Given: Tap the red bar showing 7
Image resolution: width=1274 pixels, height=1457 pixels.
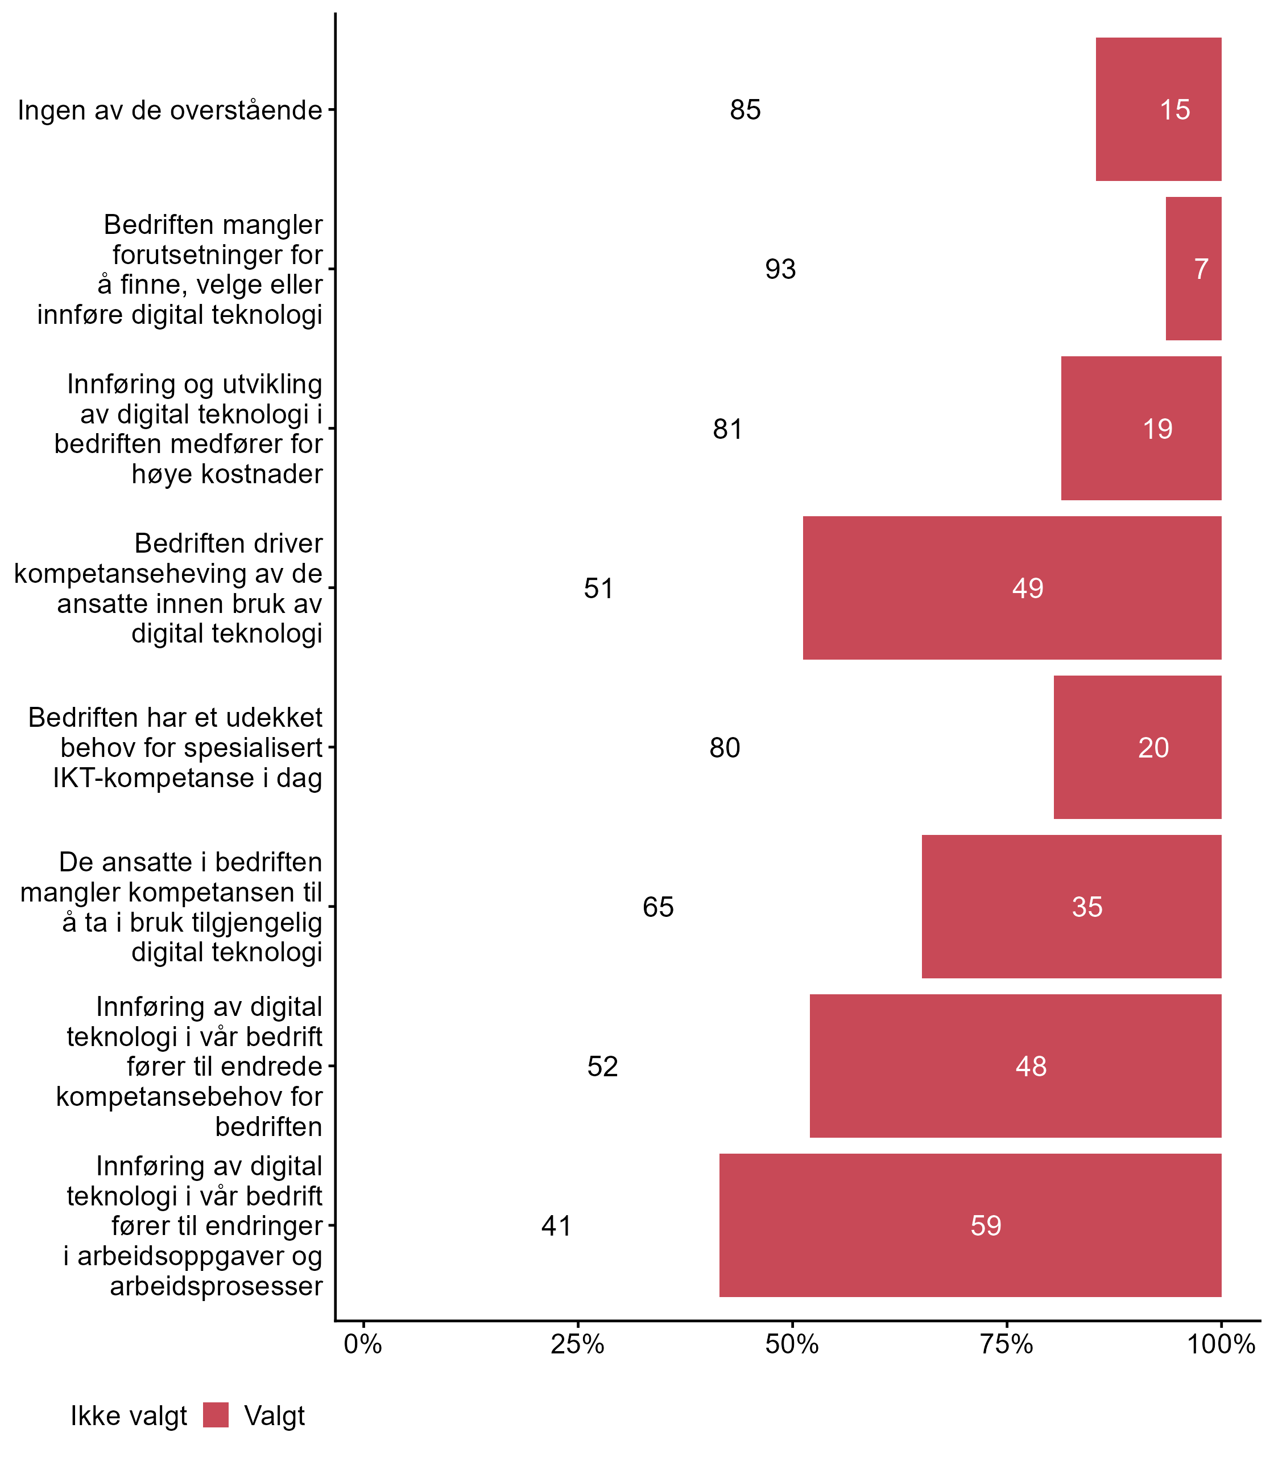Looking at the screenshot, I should tap(1193, 269).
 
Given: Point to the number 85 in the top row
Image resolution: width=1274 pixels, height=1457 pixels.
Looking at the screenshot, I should tap(745, 109).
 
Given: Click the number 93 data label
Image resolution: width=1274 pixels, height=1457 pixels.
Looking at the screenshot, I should tap(780, 269).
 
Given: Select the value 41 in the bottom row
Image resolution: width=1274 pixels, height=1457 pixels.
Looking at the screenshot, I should tap(556, 1225).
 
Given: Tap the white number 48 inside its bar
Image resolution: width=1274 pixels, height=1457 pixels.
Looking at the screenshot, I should tap(1031, 1065).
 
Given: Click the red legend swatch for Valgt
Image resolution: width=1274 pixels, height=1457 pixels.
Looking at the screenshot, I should tap(216, 1415).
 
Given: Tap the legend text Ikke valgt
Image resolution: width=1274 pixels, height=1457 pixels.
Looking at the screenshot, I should tap(129, 1416).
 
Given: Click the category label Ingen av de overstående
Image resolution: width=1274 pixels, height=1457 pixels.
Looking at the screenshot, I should tap(170, 110).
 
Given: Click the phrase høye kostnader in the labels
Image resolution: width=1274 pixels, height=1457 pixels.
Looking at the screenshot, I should tap(227, 474).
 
